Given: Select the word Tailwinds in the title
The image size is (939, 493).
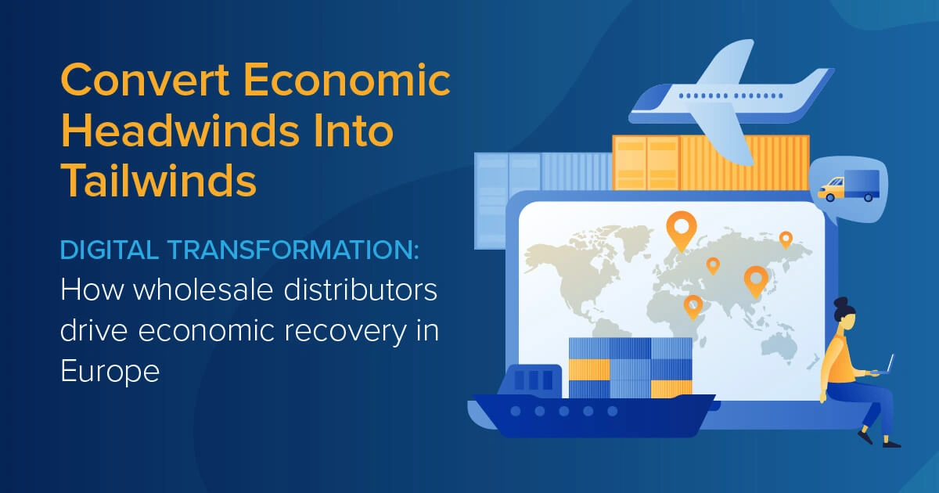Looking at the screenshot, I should [159, 181].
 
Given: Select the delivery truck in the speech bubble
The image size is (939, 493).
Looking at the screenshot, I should [849, 187].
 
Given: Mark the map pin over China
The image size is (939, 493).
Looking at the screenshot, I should [755, 280].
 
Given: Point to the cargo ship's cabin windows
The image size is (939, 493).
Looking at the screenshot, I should [535, 381].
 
